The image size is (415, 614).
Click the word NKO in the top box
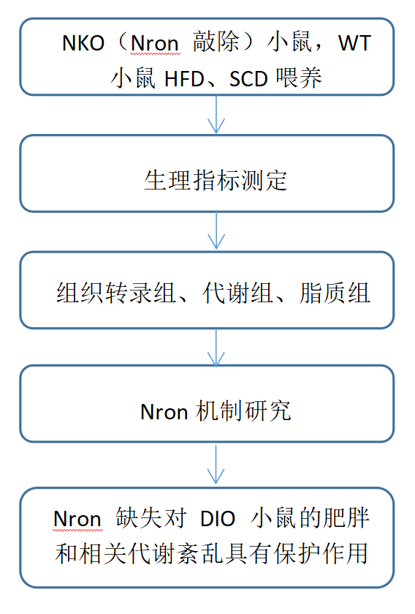click(x=83, y=42)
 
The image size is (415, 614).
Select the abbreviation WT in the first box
click(x=354, y=42)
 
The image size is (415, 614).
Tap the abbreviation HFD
click(x=184, y=79)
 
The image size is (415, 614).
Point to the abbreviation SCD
click(x=248, y=79)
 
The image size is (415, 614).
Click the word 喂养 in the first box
click(x=299, y=78)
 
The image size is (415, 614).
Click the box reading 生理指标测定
click(x=207, y=173)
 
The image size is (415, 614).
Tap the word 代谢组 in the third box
click(x=237, y=293)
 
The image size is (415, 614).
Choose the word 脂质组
click(x=335, y=293)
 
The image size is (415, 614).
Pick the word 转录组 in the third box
click(x=140, y=293)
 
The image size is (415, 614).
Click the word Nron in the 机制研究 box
click(x=164, y=412)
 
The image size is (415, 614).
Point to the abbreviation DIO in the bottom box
click(x=217, y=519)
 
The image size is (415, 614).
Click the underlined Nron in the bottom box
click(x=77, y=519)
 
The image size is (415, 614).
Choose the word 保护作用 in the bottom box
click(x=321, y=553)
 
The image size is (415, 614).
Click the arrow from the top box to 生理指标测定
click(x=216, y=115)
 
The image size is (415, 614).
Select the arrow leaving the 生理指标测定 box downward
click(x=216, y=231)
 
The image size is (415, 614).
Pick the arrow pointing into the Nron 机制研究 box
click(x=216, y=348)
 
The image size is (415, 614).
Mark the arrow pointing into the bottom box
click(x=216, y=465)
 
